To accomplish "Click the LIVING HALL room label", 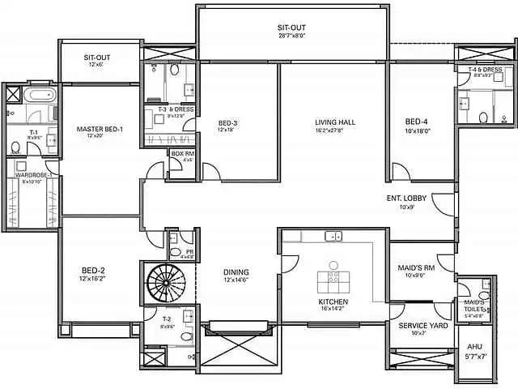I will [336, 122].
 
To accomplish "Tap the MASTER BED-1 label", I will [100, 129].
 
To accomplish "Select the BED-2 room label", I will [94, 270].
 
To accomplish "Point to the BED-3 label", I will [227, 123].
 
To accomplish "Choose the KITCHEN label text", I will [333, 301].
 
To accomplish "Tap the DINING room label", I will [236, 272].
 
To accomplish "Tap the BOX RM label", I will [182, 152].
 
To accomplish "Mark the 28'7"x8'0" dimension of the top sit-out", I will [291, 35].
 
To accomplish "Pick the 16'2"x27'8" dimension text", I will [336, 130].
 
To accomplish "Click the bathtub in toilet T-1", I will [37, 96].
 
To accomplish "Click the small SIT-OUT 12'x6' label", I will [98, 58].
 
